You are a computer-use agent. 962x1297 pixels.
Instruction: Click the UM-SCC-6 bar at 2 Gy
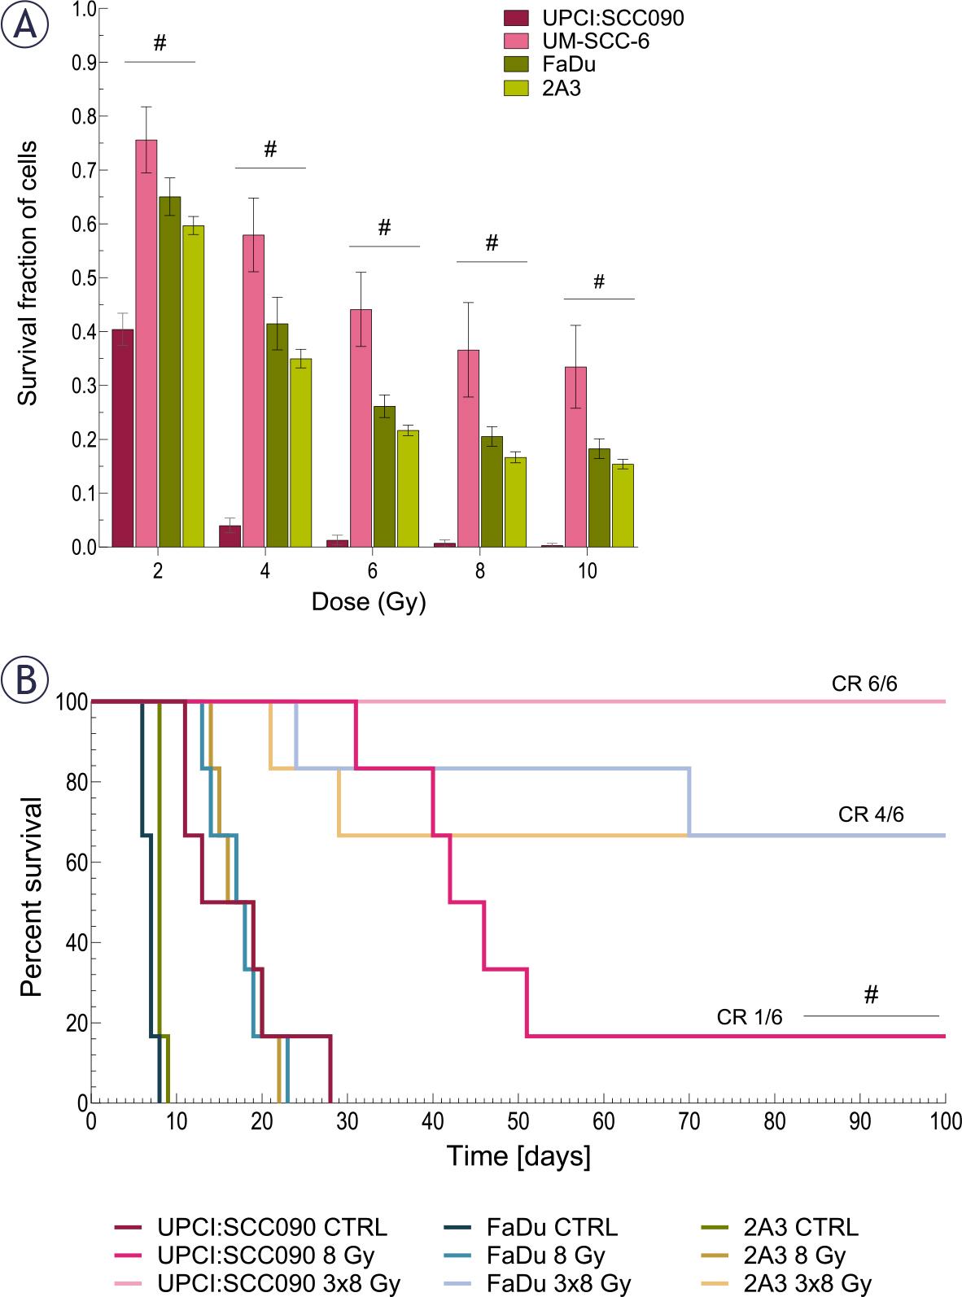(x=146, y=342)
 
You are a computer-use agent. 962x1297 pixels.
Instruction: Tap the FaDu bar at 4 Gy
(x=277, y=435)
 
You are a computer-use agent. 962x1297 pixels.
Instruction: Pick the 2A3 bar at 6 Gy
(x=408, y=488)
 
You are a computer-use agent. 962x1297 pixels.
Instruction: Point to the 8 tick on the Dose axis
(x=480, y=570)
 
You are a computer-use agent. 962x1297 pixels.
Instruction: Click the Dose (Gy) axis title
(x=369, y=603)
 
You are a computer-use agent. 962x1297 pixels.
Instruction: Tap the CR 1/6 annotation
(x=750, y=1016)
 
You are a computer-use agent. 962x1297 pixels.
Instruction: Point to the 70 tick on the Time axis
(x=689, y=1121)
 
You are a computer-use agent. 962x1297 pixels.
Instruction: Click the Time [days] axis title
(x=518, y=1155)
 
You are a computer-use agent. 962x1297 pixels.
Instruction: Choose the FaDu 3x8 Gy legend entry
(x=558, y=1284)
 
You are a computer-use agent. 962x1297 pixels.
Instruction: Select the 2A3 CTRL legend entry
(x=801, y=1227)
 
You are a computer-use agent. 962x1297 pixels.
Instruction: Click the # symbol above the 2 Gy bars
(x=160, y=43)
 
